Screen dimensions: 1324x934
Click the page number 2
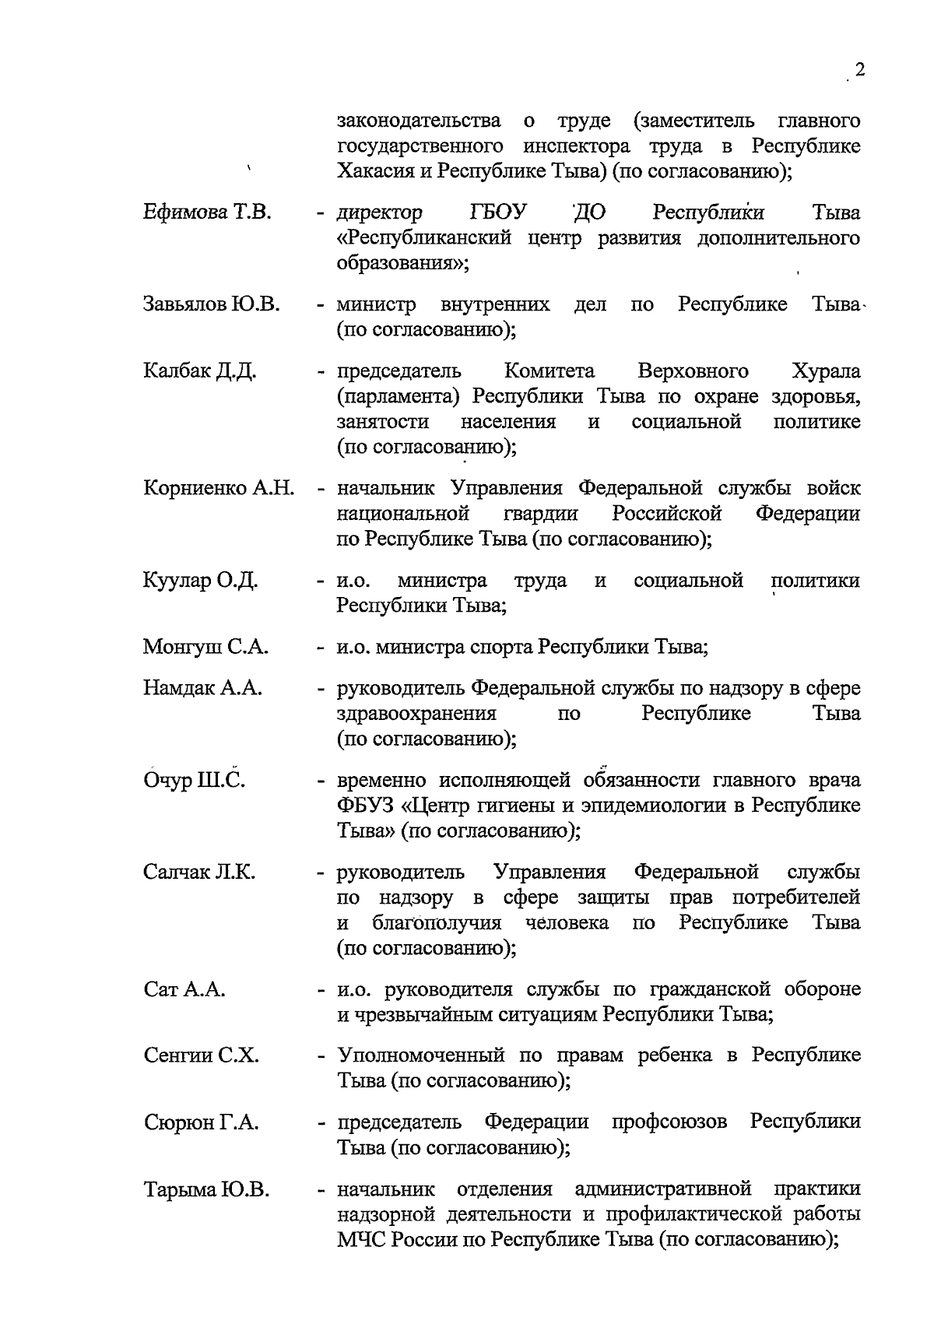pyautogui.click(x=859, y=70)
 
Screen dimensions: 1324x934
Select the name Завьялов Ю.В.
pyautogui.click(x=211, y=304)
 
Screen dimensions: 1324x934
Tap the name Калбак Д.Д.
pyautogui.click(x=200, y=371)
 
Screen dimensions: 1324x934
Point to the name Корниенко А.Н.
pyautogui.click(x=219, y=489)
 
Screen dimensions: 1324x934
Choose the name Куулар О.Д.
pyautogui.click(x=201, y=581)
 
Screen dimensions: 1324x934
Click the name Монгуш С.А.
pyautogui.click(x=205, y=647)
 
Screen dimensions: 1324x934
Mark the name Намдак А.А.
pyautogui.click(x=202, y=688)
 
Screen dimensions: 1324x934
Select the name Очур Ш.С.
pyautogui.click(x=195, y=781)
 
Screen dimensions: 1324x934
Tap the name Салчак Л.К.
pyautogui.click(x=199, y=873)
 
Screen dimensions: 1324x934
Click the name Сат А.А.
pyautogui.click(x=184, y=989)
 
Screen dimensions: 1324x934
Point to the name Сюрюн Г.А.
pyautogui.click(x=202, y=1122)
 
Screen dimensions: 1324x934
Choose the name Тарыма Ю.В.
pyautogui.click(x=206, y=1190)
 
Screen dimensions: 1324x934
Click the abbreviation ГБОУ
pyautogui.click(x=498, y=212)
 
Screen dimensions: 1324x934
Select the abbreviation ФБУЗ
pyautogui.click(x=363, y=806)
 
